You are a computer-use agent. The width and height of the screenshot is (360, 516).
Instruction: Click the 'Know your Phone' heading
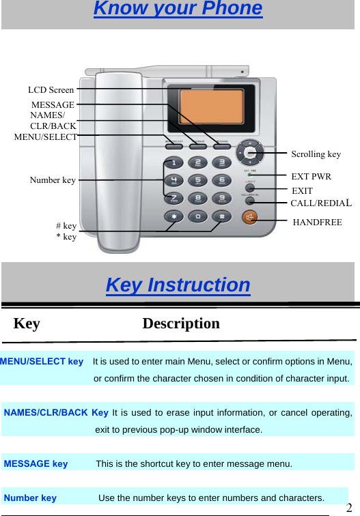(x=178, y=9)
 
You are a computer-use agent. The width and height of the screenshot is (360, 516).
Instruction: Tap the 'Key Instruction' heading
(x=178, y=285)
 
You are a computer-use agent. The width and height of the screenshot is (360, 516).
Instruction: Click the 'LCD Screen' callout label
(x=51, y=89)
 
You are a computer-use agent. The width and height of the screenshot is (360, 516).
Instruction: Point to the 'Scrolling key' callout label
(x=316, y=154)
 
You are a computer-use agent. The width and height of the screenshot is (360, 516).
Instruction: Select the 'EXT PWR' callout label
(x=311, y=177)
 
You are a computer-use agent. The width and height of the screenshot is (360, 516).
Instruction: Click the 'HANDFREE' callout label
(x=317, y=222)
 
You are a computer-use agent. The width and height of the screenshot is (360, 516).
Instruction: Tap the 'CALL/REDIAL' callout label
(x=321, y=203)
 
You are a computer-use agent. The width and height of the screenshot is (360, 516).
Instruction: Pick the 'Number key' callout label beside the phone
(x=53, y=180)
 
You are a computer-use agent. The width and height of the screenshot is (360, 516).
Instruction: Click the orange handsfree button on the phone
(x=251, y=217)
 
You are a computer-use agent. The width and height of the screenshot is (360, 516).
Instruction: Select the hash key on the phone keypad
(x=221, y=216)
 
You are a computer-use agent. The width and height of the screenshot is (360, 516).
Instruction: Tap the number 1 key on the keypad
(x=174, y=163)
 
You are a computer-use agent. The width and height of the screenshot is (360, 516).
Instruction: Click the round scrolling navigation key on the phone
(x=251, y=153)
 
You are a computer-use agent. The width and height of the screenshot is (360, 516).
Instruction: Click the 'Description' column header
(x=181, y=324)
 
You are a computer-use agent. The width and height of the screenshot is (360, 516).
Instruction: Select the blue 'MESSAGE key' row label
(x=36, y=464)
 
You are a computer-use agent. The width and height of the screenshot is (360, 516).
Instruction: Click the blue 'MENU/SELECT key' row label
(x=42, y=361)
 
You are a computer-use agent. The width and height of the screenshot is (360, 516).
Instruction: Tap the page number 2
(x=349, y=508)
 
